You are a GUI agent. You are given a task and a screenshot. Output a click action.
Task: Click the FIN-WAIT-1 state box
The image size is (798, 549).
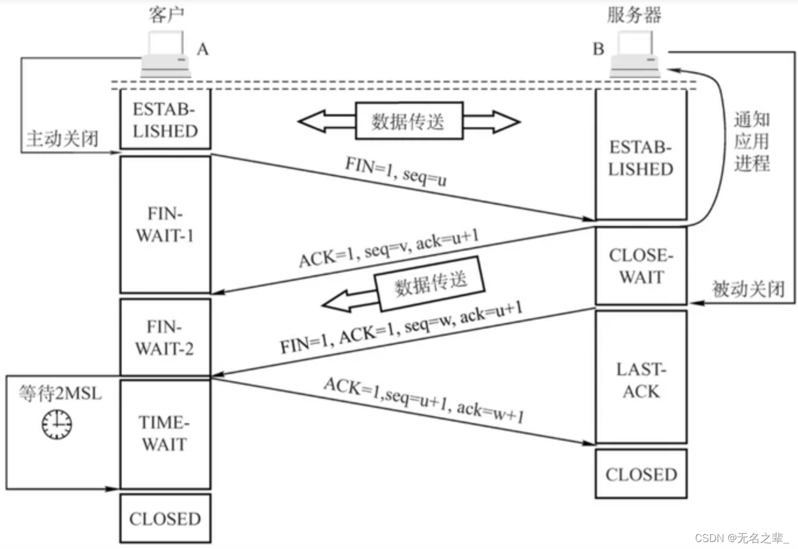[165, 224]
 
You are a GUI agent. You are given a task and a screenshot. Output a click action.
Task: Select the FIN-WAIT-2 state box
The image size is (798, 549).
[165, 337]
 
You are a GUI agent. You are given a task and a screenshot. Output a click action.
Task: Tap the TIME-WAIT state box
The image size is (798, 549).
[165, 434]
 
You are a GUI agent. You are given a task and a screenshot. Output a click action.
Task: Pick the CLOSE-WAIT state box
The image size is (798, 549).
[641, 266]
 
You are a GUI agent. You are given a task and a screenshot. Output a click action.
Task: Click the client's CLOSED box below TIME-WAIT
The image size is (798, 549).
[165, 519]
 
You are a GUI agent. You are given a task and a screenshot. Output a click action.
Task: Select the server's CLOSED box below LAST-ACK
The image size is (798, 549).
[641, 474]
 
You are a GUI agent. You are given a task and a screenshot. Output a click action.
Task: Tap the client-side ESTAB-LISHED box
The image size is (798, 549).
[165, 120]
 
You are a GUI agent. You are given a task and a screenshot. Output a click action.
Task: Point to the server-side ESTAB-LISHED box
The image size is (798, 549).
[641, 157]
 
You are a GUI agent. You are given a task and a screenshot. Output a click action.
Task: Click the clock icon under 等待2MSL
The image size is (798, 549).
[57, 424]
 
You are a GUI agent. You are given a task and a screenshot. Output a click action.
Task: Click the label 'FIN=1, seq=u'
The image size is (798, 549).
[396, 171]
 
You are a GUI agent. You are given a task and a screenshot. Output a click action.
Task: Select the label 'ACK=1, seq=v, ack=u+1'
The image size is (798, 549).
[389, 248]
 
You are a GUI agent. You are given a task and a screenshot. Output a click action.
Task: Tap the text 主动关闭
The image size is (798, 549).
[62, 139]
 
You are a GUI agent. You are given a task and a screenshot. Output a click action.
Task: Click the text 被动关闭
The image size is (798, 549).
[748, 288]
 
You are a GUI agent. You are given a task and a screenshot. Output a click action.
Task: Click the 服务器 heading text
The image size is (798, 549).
[634, 15]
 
